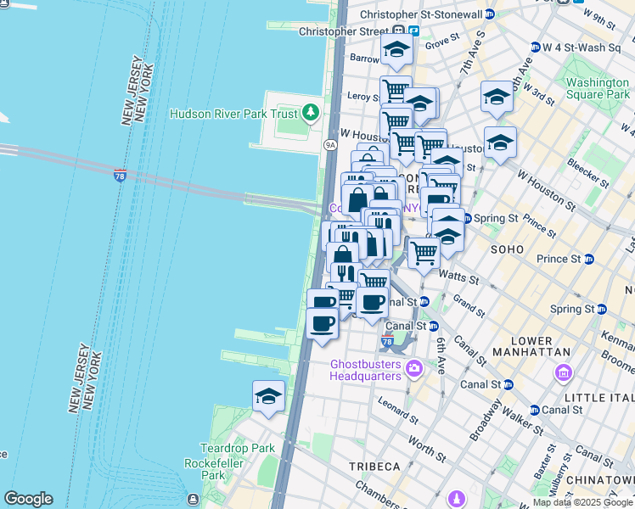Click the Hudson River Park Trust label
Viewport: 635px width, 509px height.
point(233,114)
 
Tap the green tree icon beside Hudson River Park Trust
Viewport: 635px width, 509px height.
point(312,112)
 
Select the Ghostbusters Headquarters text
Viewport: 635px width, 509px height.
point(365,370)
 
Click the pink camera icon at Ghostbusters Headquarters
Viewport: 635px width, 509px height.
point(414,368)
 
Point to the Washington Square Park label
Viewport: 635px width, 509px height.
point(598,89)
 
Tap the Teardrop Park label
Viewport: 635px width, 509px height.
point(225,448)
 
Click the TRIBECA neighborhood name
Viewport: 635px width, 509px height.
point(374,467)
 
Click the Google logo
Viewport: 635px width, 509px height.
point(28,499)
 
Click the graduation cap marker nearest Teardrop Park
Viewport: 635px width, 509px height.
point(268,396)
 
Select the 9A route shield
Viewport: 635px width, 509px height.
point(330,145)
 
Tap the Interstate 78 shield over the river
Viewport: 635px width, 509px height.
point(121,174)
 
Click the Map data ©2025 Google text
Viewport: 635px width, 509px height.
point(582,502)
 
